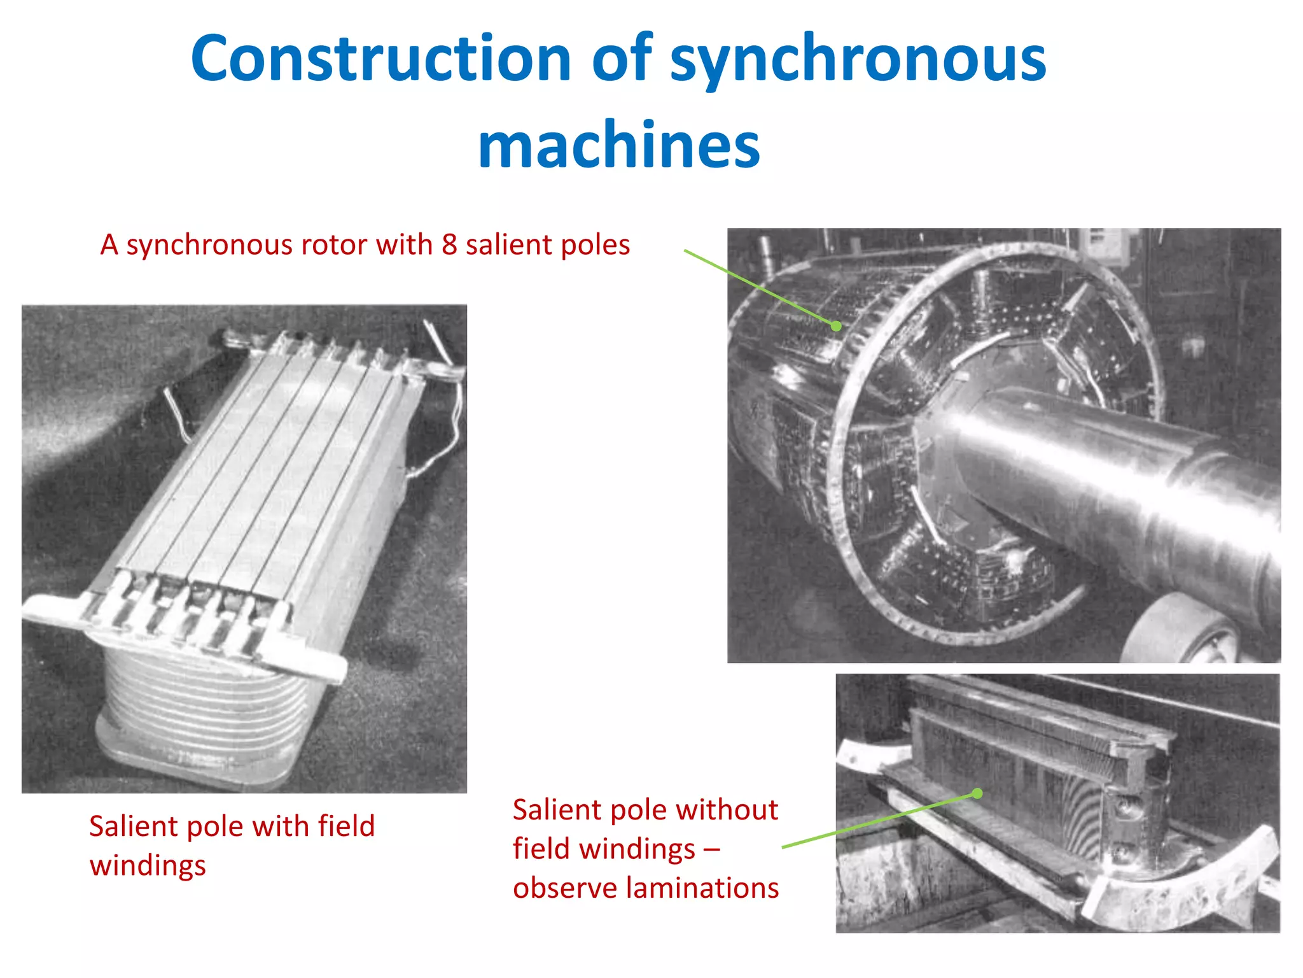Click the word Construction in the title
(380, 59)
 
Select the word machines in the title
(619, 145)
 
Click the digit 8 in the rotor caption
(449, 245)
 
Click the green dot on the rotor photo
(837, 326)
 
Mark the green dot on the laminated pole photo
(978, 793)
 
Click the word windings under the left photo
(148, 866)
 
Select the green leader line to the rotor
(757, 287)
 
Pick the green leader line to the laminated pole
(878, 821)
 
